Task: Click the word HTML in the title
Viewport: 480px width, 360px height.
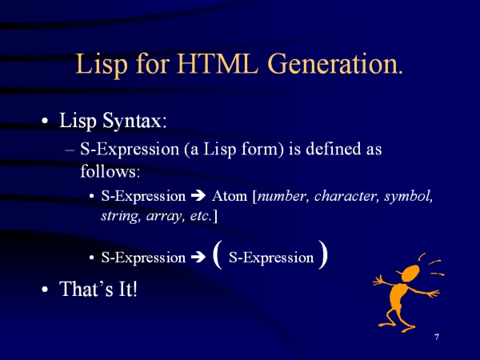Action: pyautogui.click(x=218, y=64)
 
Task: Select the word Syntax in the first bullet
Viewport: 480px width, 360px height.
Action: pyautogui.click(x=134, y=122)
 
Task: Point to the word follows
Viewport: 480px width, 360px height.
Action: pyautogui.click(x=110, y=171)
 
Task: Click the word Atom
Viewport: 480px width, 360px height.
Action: pyautogui.click(x=230, y=196)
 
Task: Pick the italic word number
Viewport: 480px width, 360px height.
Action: pyautogui.click(x=282, y=196)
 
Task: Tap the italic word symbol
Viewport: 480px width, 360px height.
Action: pyautogui.click(x=409, y=196)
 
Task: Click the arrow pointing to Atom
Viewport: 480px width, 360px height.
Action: pyautogui.click(x=198, y=196)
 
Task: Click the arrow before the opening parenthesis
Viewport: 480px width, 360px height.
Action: pyautogui.click(x=198, y=257)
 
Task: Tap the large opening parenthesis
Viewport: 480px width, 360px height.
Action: pyautogui.click(x=217, y=254)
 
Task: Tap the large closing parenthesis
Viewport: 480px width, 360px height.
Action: pyautogui.click(x=323, y=254)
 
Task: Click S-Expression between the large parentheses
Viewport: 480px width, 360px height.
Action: pyautogui.click(x=271, y=258)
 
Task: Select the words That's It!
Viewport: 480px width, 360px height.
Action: pyautogui.click(x=98, y=289)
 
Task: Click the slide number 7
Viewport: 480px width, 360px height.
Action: pyautogui.click(x=437, y=337)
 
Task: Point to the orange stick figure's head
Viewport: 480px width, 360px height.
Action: pyautogui.click(x=410, y=274)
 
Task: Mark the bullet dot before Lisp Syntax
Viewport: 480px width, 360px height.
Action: pyautogui.click(x=45, y=121)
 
